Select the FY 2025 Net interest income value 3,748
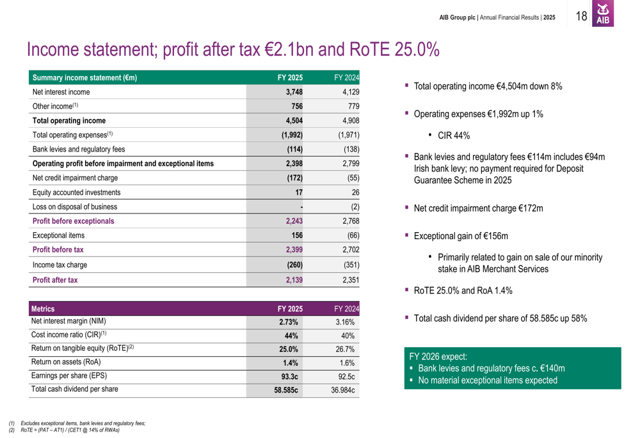point(294,92)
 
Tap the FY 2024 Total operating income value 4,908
point(349,120)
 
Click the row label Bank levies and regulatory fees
point(79,150)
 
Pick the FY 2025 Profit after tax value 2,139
point(294,280)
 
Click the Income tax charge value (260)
point(292,265)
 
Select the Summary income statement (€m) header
point(85,78)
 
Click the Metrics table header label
point(43,309)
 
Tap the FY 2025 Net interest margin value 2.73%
point(288,322)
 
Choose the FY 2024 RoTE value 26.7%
point(345,349)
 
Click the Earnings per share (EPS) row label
point(69,375)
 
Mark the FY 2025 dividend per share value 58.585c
point(286,389)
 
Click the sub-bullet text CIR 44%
point(454,136)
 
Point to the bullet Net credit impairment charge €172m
point(478,208)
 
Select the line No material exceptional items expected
point(487,380)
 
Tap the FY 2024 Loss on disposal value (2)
point(355,207)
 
